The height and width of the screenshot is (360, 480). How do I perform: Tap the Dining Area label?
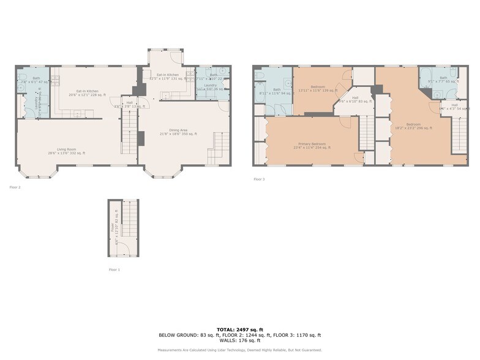(182, 131)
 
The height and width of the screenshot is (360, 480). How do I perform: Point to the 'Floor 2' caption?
(15, 187)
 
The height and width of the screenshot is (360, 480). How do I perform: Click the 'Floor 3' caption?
(260, 179)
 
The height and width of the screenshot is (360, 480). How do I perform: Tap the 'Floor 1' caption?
(114, 269)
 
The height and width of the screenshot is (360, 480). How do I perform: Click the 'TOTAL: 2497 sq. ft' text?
(240, 329)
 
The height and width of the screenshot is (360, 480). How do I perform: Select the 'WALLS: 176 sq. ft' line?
(240, 340)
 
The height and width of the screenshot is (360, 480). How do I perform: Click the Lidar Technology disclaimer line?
(240, 350)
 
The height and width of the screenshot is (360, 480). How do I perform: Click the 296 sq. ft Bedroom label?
(413, 126)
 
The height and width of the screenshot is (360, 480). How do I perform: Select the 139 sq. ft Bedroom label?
(318, 89)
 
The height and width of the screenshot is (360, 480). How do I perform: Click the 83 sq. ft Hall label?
(355, 99)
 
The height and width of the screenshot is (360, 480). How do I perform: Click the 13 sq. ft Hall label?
(129, 105)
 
